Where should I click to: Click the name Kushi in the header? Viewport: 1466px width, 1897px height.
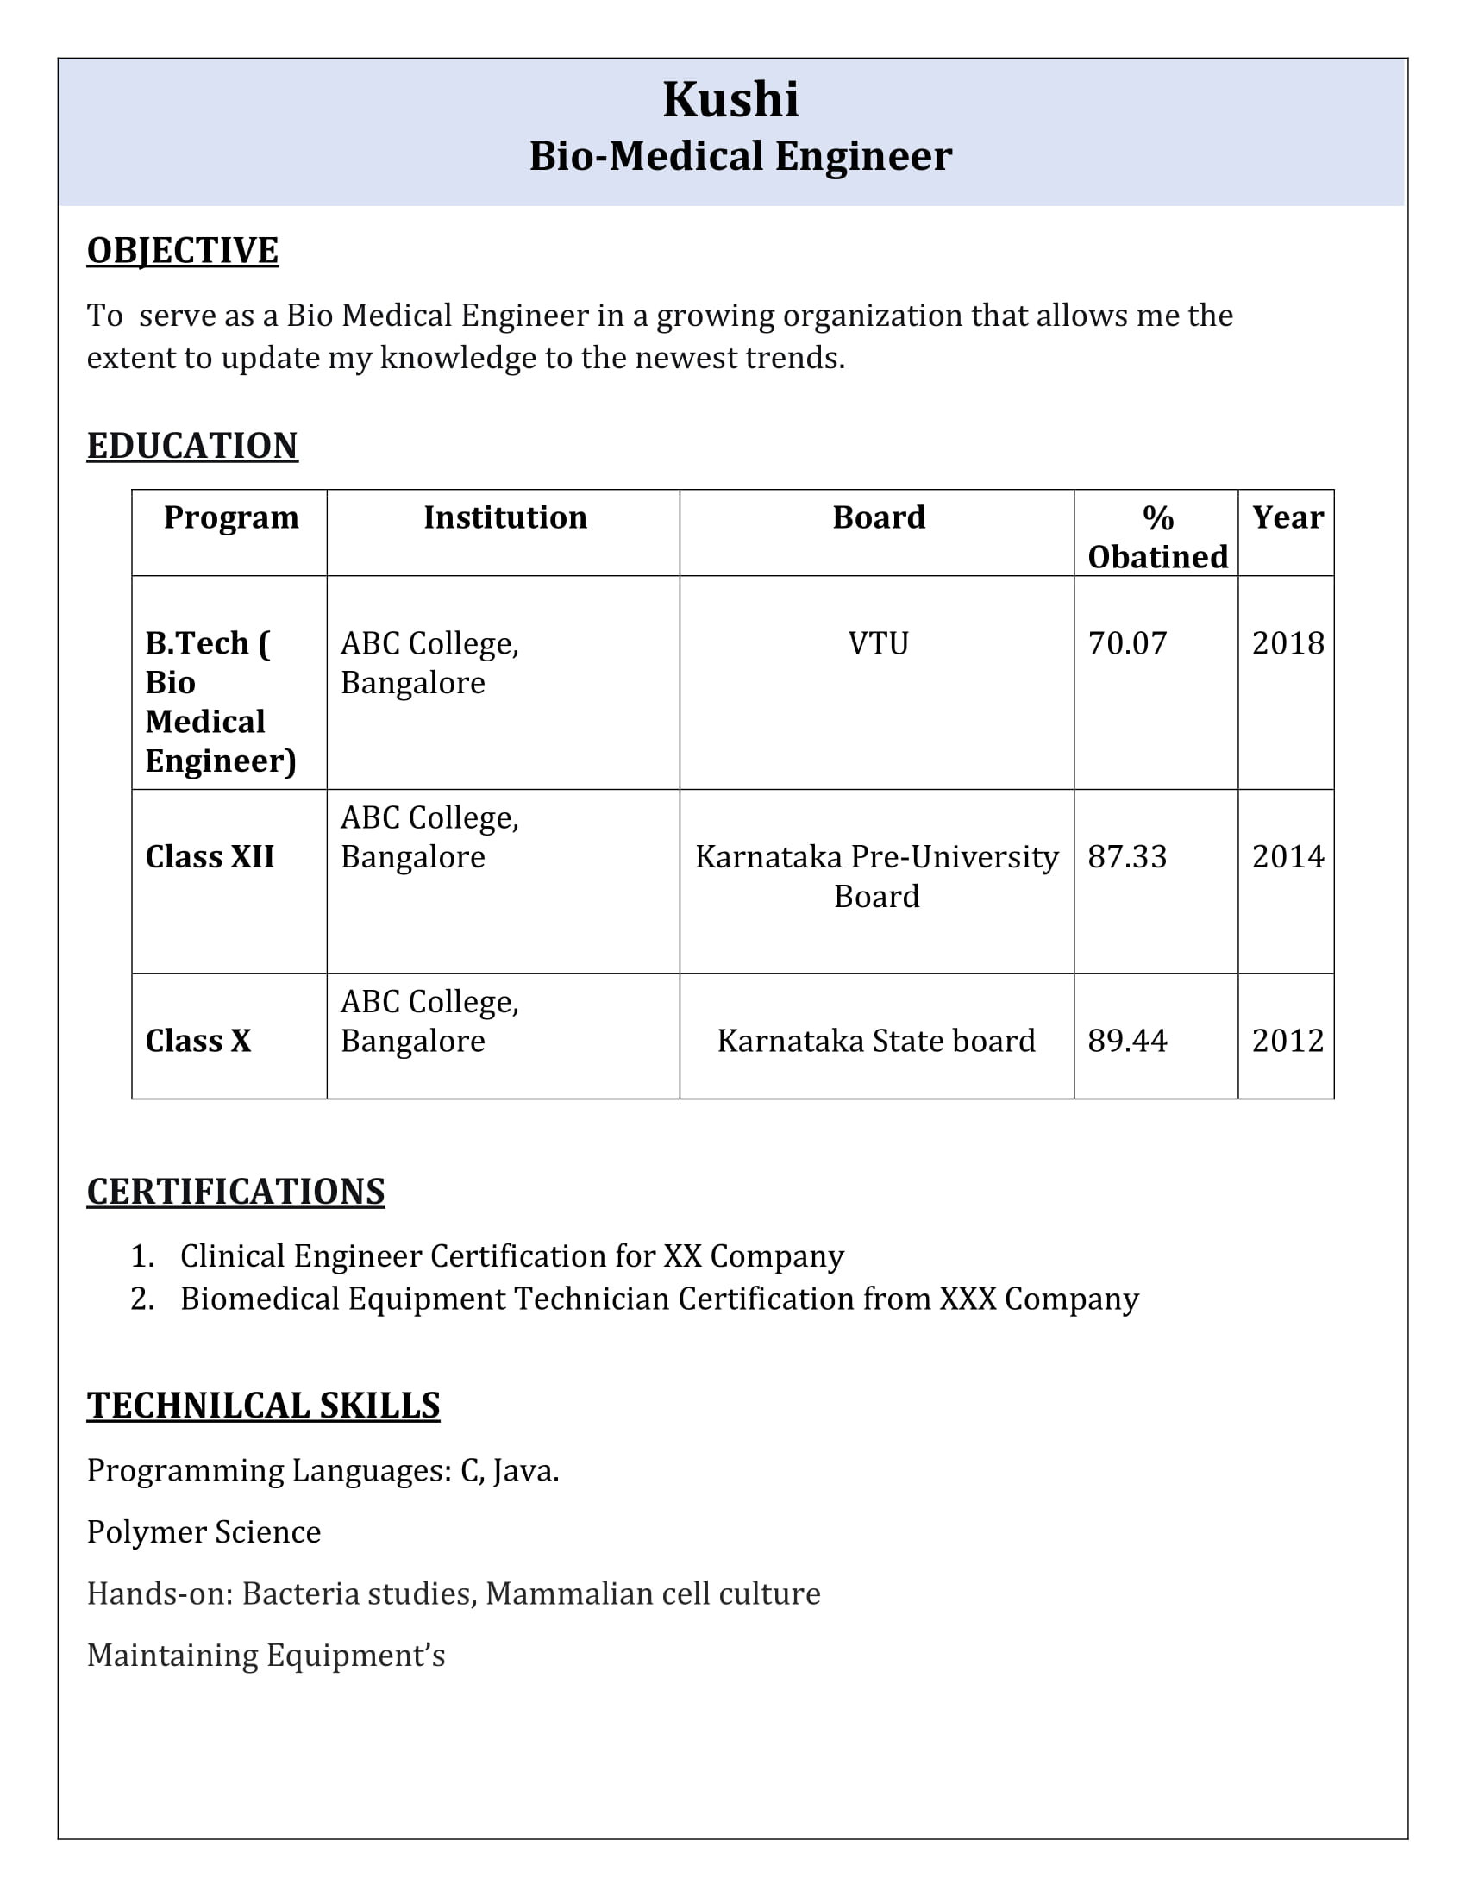tap(730, 99)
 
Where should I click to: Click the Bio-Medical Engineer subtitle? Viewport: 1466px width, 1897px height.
tap(740, 156)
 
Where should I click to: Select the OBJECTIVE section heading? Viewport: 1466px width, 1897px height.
tap(182, 250)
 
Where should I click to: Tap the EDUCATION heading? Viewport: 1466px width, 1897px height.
tap(192, 446)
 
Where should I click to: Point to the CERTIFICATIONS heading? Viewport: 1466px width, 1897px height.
tap(235, 1191)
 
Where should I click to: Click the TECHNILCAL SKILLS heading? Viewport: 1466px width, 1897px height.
tap(263, 1405)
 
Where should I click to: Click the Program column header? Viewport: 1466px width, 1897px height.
tap(231, 517)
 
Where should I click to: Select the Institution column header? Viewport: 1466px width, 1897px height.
tap(504, 517)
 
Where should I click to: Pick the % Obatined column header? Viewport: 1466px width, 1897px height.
tap(1157, 538)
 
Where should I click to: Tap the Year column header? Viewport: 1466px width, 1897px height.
tap(1287, 517)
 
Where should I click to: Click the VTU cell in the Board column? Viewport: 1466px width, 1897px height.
tap(878, 643)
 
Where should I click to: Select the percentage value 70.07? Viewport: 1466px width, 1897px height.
tap(1127, 643)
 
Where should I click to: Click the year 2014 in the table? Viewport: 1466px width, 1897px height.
tap(1287, 857)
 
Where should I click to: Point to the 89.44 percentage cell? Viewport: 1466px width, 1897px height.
tap(1127, 1041)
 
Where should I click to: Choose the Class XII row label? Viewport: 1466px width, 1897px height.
tap(210, 857)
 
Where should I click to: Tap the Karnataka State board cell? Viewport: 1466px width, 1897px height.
tap(876, 1041)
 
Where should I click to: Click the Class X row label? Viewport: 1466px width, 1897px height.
tap(198, 1041)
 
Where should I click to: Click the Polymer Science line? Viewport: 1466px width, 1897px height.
tap(204, 1531)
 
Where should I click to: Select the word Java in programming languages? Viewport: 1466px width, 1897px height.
tap(523, 1470)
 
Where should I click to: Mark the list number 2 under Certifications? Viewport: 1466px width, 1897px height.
tap(141, 1299)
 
